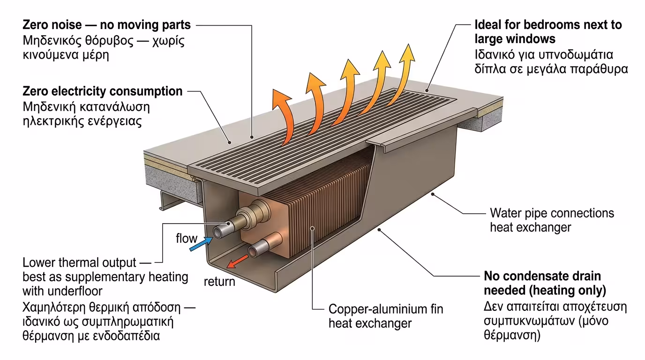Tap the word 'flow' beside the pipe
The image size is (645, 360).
click(187, 238)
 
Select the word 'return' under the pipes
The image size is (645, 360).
click(219, 282)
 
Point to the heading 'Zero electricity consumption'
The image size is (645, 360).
click(102, 91)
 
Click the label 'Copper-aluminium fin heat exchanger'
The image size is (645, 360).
click(385, 316)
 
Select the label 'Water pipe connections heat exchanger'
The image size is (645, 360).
click(551, 220)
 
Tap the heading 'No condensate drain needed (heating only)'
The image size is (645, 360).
click(545, 283)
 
